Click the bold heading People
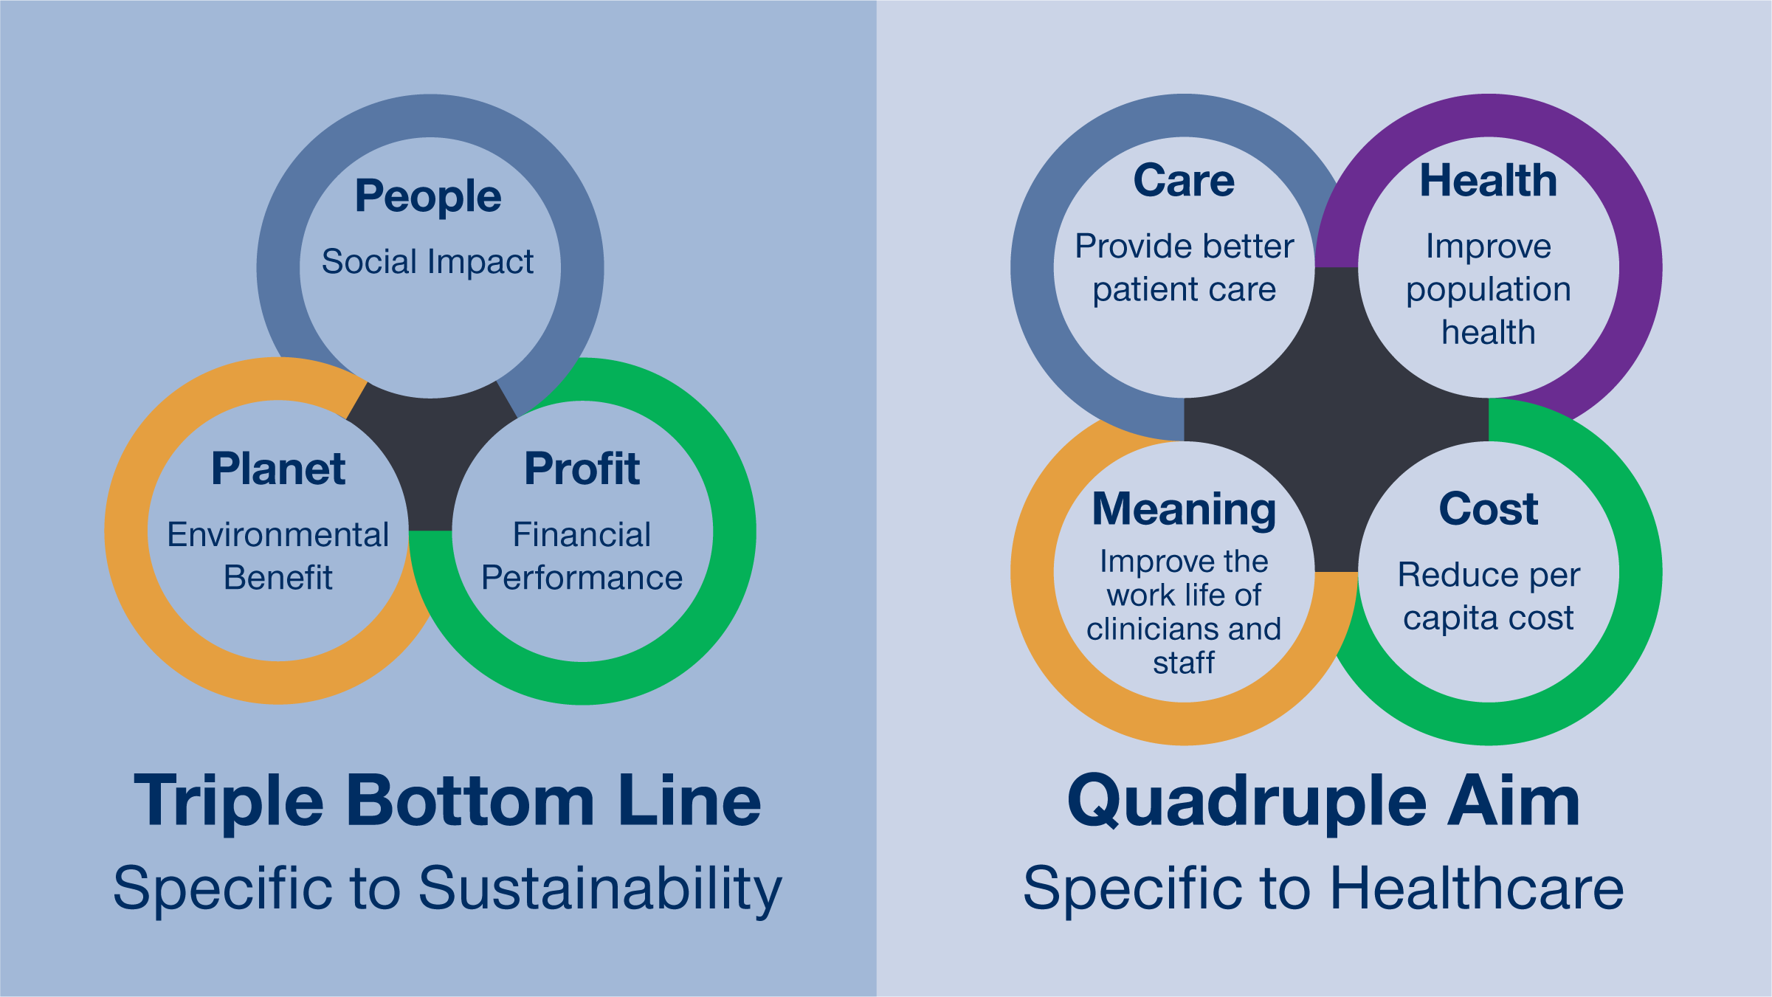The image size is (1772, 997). tap(428, 197)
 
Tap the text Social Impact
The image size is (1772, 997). tap(427, 262)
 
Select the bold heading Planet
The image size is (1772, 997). tap(278, 469)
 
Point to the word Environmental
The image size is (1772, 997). tap(278, 534)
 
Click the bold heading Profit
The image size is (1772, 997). tap(582, 469)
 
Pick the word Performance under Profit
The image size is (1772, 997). tap(582, 577)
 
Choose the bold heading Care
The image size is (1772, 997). tap(1184, 181)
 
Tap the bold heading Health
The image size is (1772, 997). tap(1489, 181)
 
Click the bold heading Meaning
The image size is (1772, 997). tap(1184, 511)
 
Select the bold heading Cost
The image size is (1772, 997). tap(1489, 508)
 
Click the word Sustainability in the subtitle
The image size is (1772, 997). tap(600, 889)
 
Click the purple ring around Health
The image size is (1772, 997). tap(1641, 268)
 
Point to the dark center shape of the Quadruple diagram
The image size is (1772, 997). tap(1336, 419)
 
